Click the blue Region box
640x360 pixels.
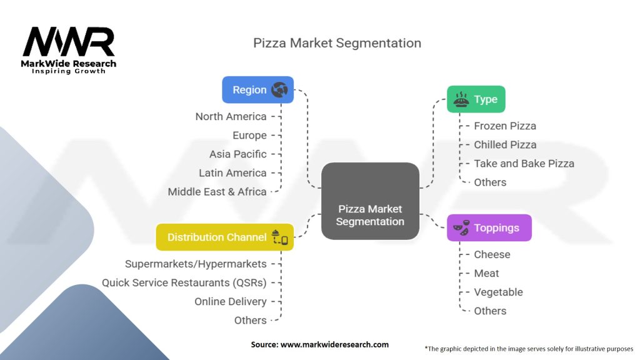(257, 90)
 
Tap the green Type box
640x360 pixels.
(476, 99)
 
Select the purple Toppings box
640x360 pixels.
(489, 227)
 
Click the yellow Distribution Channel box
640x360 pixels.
(225, 237)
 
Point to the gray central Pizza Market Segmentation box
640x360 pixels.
(370, 201)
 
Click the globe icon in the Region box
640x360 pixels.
(279, 90)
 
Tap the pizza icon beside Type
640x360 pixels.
(461, 99)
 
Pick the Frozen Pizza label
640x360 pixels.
(505, 126)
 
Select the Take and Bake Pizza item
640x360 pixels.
(524, 164)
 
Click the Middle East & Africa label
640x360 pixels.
(217, 192)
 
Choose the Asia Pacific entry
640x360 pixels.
(238, 154)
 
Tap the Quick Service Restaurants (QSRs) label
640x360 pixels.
(184, 283)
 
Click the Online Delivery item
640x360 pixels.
(231, 302)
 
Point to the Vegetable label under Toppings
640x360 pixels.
(498, 292)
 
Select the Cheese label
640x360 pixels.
(492, 255)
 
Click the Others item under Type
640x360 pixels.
(490, 182)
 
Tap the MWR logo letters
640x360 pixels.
(69, 42)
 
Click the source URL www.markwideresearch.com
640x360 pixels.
(335, 344)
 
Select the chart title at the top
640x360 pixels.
(337, 43)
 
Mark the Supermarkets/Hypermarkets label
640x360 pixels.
(196, 264)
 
